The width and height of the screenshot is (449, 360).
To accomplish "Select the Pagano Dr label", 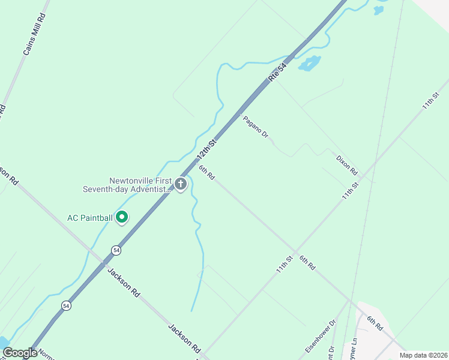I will [x=255, y=127].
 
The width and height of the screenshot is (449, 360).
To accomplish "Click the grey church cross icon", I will [x=181, y=185].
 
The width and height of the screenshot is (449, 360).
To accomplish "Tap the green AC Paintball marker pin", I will [x=122, y=217].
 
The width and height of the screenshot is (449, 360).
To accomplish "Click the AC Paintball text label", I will [x=89, y=217].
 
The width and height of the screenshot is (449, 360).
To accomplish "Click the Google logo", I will [x=20, y=353].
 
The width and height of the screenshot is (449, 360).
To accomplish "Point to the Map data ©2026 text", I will [x=423, y=355].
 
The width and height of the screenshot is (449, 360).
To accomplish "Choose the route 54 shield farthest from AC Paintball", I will [x=66, y=305].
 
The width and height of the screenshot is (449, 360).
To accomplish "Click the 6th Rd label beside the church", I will [x=206, y=173].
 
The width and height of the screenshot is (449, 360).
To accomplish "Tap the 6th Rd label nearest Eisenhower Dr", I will [x=375, y=323].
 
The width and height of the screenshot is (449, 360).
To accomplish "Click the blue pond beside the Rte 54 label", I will [x=309, y=63].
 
